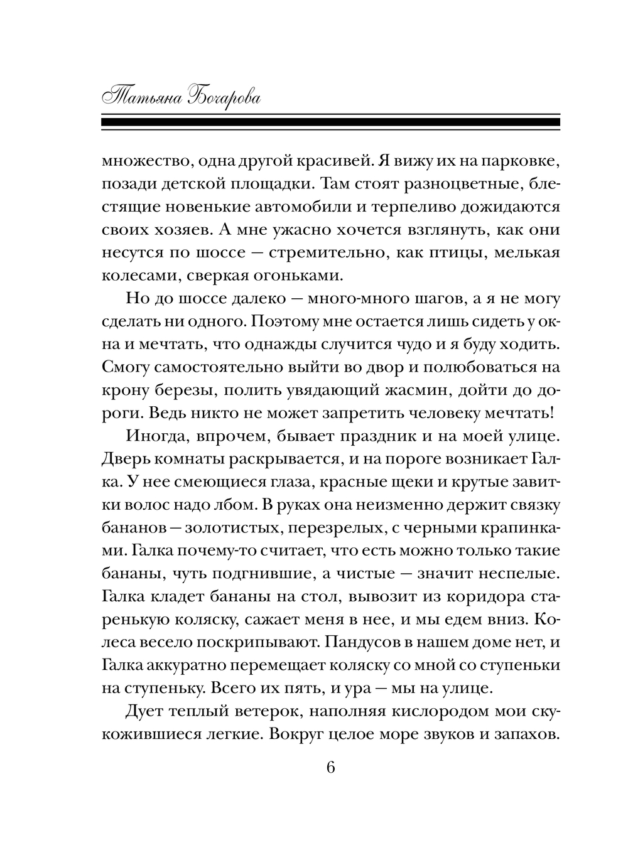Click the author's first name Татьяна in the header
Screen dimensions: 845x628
[x=141, y=98]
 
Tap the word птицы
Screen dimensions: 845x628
[x=458, y=252]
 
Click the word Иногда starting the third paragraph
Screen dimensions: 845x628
[x=156, y=436]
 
